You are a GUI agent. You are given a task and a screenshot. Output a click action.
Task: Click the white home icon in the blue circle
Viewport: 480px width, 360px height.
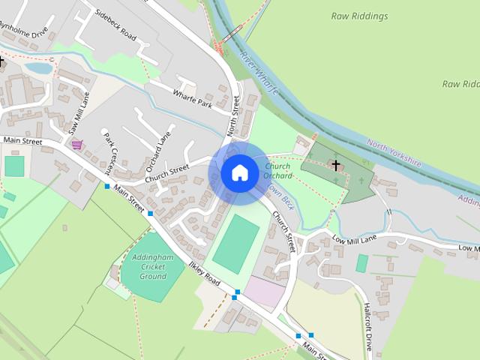239,173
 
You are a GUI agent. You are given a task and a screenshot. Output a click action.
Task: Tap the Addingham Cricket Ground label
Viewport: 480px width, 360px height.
148,266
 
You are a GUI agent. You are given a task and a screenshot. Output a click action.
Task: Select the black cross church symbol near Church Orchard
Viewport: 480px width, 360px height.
336,165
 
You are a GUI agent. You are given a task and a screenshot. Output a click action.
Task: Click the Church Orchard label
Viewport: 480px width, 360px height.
277,171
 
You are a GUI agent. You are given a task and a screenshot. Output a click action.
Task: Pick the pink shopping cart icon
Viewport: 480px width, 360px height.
76,145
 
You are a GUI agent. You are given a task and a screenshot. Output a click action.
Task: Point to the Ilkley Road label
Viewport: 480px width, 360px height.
204,274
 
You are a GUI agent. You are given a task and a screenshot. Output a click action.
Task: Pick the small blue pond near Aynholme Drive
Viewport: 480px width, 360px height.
38,67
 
